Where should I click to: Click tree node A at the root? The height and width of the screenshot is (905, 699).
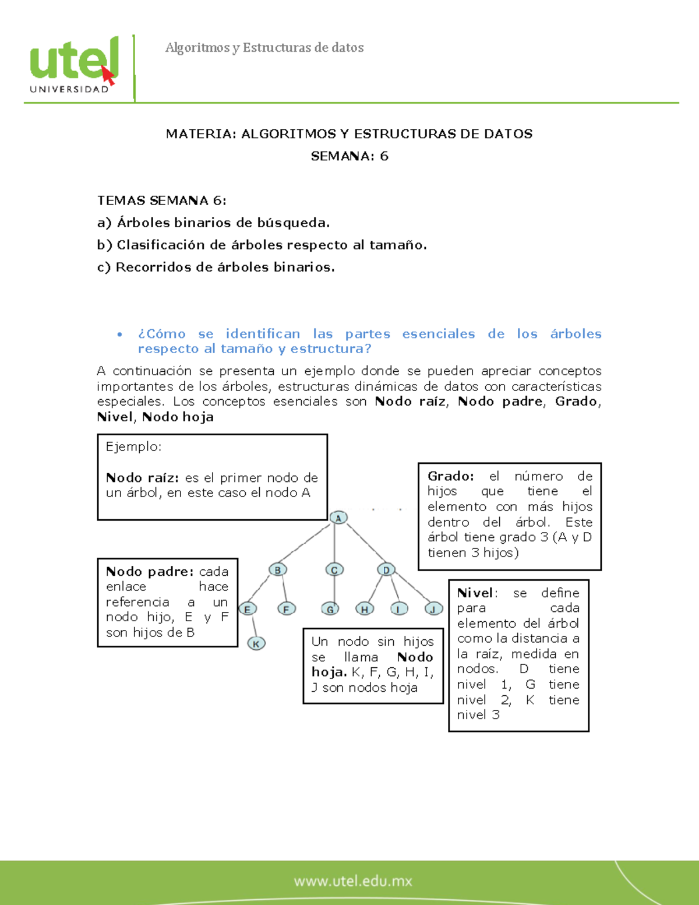[338, 517]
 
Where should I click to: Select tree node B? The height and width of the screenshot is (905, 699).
[278, 570]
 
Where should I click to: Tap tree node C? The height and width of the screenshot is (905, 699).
[334, 570]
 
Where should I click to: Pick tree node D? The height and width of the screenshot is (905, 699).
[386, 570]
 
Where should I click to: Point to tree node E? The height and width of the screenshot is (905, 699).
[248, 610]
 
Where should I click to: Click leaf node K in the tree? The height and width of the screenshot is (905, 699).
[256, 643]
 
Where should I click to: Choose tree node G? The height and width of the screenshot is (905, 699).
[330, 610]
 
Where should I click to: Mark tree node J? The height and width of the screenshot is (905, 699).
[433, 610]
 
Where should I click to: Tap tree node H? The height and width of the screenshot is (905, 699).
[365, 610]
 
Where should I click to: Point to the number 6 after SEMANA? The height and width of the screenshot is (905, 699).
[384, 156]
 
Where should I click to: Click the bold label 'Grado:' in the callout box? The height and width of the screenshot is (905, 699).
[450, 476]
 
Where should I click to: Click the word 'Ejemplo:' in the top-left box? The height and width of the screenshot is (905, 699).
[133, 447]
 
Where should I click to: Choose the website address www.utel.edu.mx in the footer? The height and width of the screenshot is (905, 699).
[353, 881]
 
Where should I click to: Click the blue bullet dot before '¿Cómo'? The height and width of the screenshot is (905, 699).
[120, 334]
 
